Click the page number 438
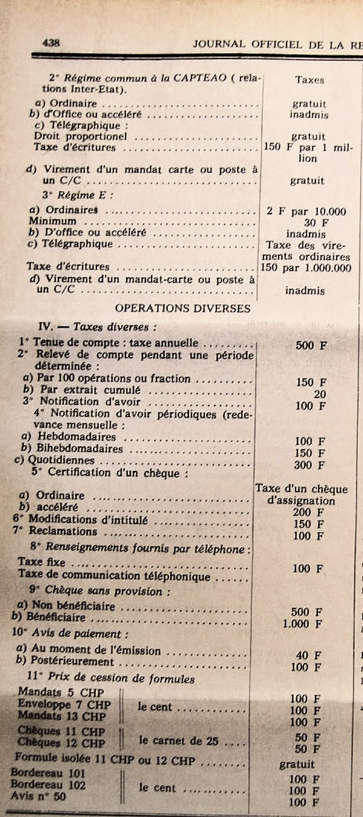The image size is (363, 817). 50,43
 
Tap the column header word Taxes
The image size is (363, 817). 309,79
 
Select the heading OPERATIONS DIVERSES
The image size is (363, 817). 182,308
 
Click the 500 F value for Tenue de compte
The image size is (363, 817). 311,345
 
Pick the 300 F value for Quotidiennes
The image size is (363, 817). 309,465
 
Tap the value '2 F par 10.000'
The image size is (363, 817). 306,211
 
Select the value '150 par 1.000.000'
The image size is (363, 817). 308,267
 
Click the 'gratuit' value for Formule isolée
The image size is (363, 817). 297,765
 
